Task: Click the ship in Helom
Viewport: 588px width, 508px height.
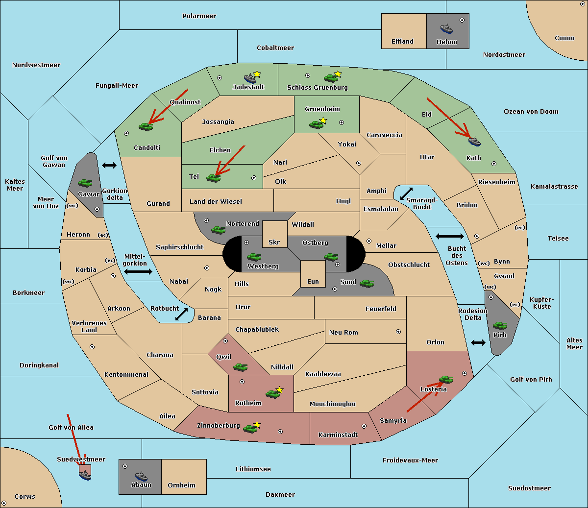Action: click(446, 28)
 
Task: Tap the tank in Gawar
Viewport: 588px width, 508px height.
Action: click(85, 183)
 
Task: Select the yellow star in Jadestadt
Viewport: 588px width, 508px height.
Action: click(257, 74)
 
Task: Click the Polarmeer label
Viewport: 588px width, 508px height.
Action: click(199, 16)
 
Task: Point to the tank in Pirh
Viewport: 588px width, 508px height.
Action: click(500, 326)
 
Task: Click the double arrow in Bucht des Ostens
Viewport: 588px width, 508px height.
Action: click(449, 237)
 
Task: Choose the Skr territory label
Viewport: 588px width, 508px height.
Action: click(274, 242)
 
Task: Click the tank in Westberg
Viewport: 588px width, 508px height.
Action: click(254, 257)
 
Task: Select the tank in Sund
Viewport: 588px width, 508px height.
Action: click(367, 283)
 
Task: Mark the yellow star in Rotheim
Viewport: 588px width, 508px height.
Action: click(280, 390)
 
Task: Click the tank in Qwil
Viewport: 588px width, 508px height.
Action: click(240, 367)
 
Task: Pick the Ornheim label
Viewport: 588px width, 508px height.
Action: click(181, 485)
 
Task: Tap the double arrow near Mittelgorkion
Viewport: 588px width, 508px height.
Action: click(138, 271)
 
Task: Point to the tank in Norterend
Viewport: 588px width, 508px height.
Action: click(218, 230)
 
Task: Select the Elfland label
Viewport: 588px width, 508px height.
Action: click(402, 42)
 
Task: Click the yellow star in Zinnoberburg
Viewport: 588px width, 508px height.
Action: click(257, 424)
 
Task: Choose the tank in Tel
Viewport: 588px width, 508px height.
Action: click(213, 178)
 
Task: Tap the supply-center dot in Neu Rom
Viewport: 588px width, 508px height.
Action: click(398, 332)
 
